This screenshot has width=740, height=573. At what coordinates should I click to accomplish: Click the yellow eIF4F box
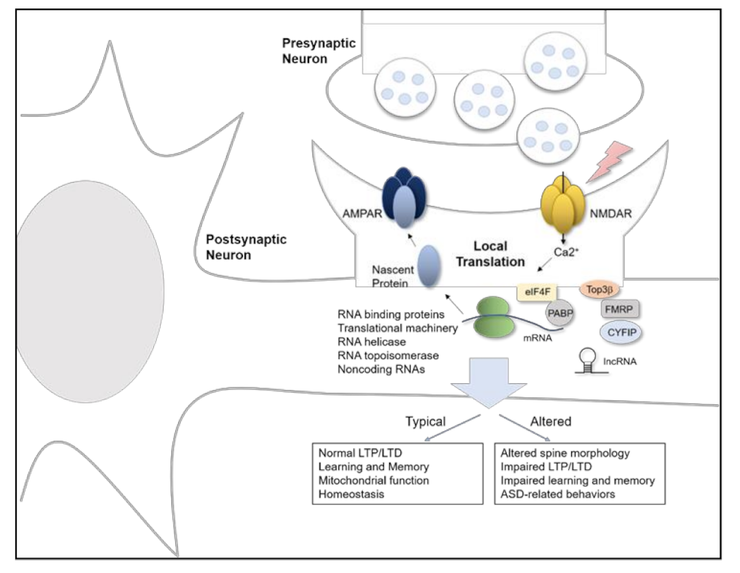point(537,292)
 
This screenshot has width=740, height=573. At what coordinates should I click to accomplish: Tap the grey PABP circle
point(560,312)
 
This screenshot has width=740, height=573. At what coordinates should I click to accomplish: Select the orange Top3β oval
point(599,290)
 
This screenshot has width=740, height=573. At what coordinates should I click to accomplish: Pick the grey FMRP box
point(619,310)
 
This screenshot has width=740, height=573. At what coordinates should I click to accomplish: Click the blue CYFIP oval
point(621,332)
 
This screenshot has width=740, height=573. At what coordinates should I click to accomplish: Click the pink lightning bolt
point(610,160)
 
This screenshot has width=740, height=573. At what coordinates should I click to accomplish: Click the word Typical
point(425,421)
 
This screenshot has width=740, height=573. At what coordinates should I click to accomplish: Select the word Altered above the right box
point(551,421)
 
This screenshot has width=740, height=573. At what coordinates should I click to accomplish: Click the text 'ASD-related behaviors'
point(557,494)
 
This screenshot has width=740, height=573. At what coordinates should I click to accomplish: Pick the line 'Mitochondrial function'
point(373,480)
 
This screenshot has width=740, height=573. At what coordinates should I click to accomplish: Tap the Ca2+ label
point(566,252)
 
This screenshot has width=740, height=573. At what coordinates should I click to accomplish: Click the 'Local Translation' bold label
point(490,254)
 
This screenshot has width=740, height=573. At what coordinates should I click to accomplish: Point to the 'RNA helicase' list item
point(371,342)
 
